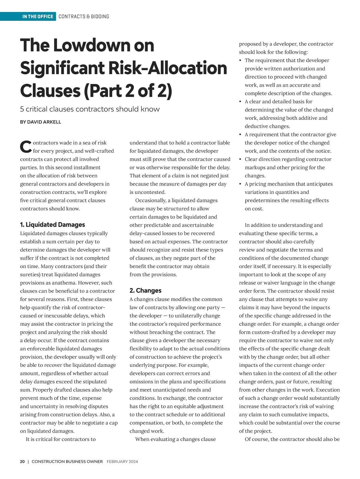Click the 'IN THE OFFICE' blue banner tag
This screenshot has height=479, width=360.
(x=37, y=16)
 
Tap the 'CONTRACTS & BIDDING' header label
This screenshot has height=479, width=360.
(x=84, y=16)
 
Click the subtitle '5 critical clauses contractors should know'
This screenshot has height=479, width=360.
(x=90, y=109)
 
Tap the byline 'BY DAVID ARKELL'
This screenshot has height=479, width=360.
(x=40, y=122)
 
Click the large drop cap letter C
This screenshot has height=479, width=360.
(x=25, y=146)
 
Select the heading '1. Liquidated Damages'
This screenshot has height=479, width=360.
(x=52, y=225)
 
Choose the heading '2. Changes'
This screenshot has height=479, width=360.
(x=145, y=290)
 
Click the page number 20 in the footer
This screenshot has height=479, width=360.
(x=22, y=462)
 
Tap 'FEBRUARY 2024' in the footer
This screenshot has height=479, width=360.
(x=122, y=462)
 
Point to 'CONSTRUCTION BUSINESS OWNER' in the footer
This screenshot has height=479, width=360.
(x=67, y=462)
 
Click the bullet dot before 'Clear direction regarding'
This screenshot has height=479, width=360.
(x=240, y=159)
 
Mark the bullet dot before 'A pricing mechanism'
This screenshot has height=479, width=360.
(x=240, y=184)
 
